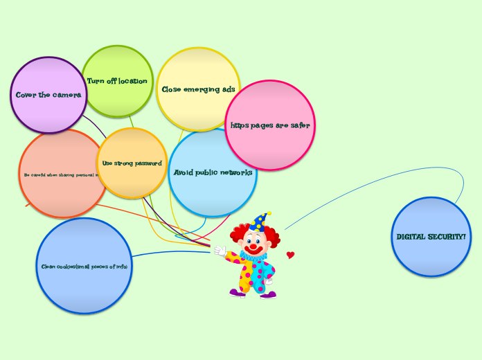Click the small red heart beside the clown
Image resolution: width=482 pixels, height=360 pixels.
[x=290, y=255]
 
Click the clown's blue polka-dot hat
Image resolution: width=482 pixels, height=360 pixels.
[x=258, y=223]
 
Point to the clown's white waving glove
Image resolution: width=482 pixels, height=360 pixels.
[x=220, y=250]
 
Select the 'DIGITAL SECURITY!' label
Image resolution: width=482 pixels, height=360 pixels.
[x=431, y=237]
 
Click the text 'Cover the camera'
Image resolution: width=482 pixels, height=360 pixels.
[x=48, y=95]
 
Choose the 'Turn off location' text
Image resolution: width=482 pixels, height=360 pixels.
[x=117, y=81]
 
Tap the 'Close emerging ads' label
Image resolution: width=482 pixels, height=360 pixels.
[x=198, y=89]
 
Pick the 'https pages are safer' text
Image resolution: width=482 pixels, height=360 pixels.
[x=270, y=125]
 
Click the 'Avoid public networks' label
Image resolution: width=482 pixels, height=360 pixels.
[x=213, y=172]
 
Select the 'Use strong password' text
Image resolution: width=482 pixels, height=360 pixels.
[x=132, y=163]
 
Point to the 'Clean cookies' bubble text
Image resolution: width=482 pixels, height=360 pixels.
[x=84, y=266]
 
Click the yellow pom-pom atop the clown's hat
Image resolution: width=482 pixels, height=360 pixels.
[x=268, y=214]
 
